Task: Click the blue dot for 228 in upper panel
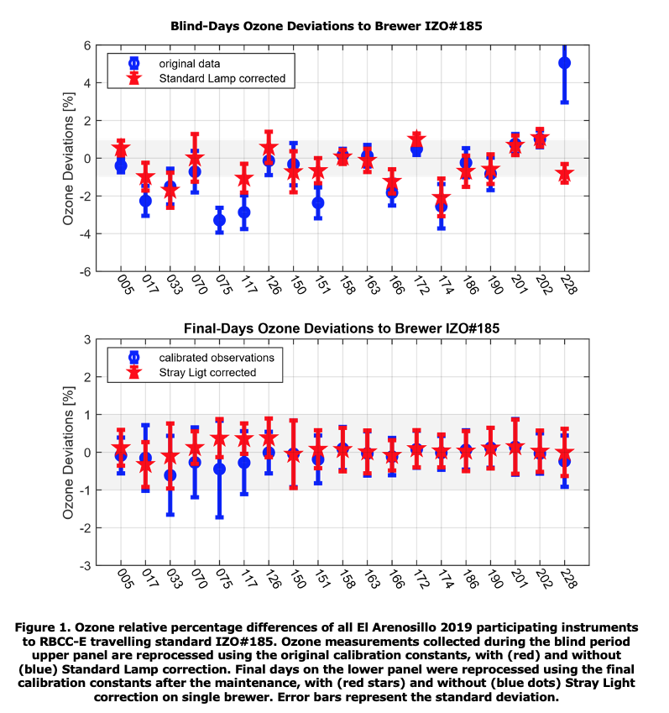point(564,63)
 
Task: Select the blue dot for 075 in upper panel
point(220,220)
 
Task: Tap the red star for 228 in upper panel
point(564,173)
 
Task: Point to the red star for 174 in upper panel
point(442,198)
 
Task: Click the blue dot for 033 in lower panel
point(170,475)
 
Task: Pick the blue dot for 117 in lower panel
point(244,463)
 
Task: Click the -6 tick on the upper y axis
point(86,271)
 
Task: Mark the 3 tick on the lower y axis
point(87,339)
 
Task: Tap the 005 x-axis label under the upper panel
point(125,284)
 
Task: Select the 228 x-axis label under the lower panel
point(568,579)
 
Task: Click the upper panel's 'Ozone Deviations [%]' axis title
point(68,159)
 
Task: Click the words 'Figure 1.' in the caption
point(43,627)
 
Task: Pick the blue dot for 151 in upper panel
point(318,202)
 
